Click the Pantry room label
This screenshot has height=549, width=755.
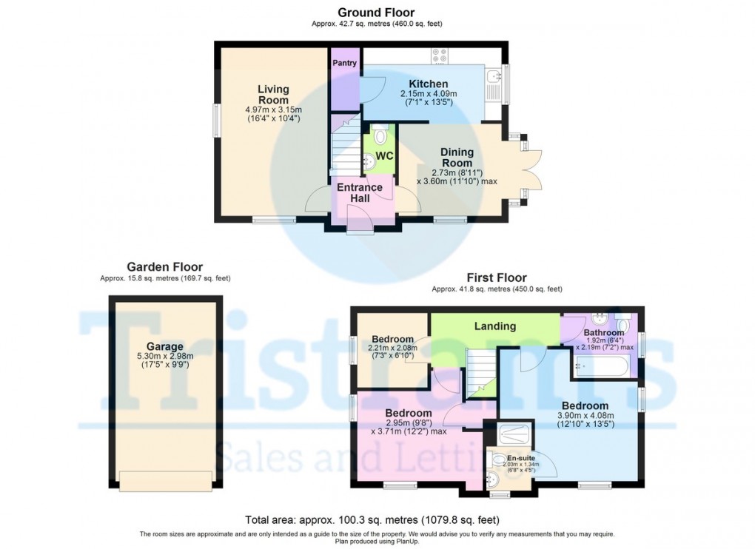[x=344, y=63]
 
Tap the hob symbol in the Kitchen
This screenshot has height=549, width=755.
[x=439, y=55]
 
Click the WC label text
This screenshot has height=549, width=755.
[x=384, y=156]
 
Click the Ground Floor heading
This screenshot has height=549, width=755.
[x=376, y=12]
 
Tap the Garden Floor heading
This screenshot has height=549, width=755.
[x=164, y=266]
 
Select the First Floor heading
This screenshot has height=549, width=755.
[x=497, y=277]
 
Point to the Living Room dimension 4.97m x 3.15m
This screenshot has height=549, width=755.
[x=273, y=110]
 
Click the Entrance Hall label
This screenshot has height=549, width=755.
[x=360, y=192]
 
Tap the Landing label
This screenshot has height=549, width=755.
[x=495, y=326]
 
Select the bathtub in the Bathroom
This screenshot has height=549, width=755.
[x=600, y=368]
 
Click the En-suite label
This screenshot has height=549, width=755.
[x=521, y=458]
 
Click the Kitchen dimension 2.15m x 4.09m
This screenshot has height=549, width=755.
[x=429, y=94]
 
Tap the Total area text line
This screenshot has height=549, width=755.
[x=372, y=519]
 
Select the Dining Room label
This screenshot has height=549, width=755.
[x=457, y=158]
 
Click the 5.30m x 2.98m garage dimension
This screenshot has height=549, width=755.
[x=165, y=357]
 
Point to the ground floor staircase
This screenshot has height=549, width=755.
[x=345, y=144]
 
